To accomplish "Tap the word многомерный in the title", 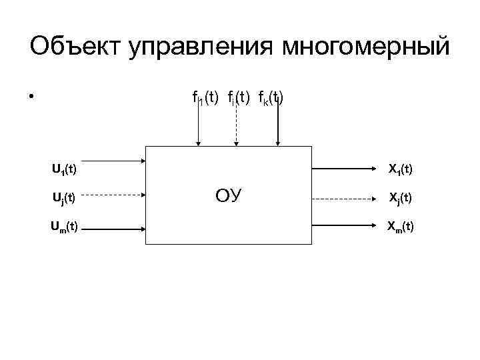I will (x=367, y=48).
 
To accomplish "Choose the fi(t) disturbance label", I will (x=237, y=99).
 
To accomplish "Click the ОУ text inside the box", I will (x=229, y=196).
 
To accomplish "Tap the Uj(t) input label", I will (x=64, y=198).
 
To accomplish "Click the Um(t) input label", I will (x=65, y=227).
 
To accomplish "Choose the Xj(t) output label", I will (x=400, y=198).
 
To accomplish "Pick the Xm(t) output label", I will (x=400, y=227).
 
